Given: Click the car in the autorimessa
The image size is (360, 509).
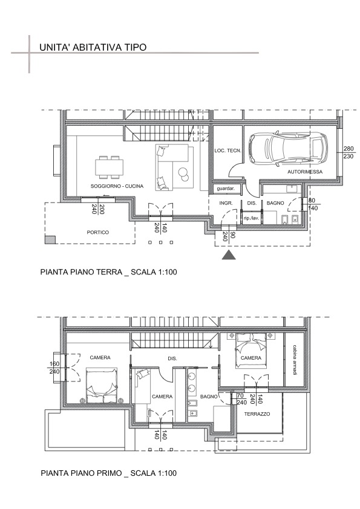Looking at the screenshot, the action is click(x=289, y=148).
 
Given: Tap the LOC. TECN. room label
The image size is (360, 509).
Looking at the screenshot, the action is click(x=227, y=151).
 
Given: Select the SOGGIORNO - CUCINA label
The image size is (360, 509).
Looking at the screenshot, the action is click(x=117, y=186).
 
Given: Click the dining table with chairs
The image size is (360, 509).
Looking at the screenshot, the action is click(x=109, y=167).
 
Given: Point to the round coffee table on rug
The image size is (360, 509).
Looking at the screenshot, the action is click(x=183, y=173).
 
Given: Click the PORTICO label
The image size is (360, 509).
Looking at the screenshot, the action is click(x=98, y=232).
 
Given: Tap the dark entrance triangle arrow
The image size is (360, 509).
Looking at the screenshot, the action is click(x=229, y=255).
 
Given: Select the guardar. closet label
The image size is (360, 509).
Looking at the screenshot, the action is click(x=226, y=189).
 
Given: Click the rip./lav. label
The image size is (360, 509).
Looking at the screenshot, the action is click(x=252, y=218).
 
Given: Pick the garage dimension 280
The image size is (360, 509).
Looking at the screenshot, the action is click(x=349, y=149).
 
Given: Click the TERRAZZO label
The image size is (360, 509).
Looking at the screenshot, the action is click(x=257, y=414).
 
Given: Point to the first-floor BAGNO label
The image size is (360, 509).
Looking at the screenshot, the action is click(x=209, y=397).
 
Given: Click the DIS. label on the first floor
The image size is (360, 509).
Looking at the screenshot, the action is click(x=172, y=358).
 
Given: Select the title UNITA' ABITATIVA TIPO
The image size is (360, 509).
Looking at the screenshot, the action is click(x=93, y=47).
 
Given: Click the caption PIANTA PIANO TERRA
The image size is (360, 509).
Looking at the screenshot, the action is click(x=81, y=271).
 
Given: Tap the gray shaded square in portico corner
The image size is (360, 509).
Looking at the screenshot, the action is click(x=50, y=239).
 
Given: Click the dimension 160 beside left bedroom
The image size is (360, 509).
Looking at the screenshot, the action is click(x=54, y=365).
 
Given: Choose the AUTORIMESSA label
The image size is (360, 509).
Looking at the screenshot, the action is click(x=305, y=172).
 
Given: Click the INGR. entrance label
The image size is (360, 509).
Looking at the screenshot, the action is click(x=226, y=203).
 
